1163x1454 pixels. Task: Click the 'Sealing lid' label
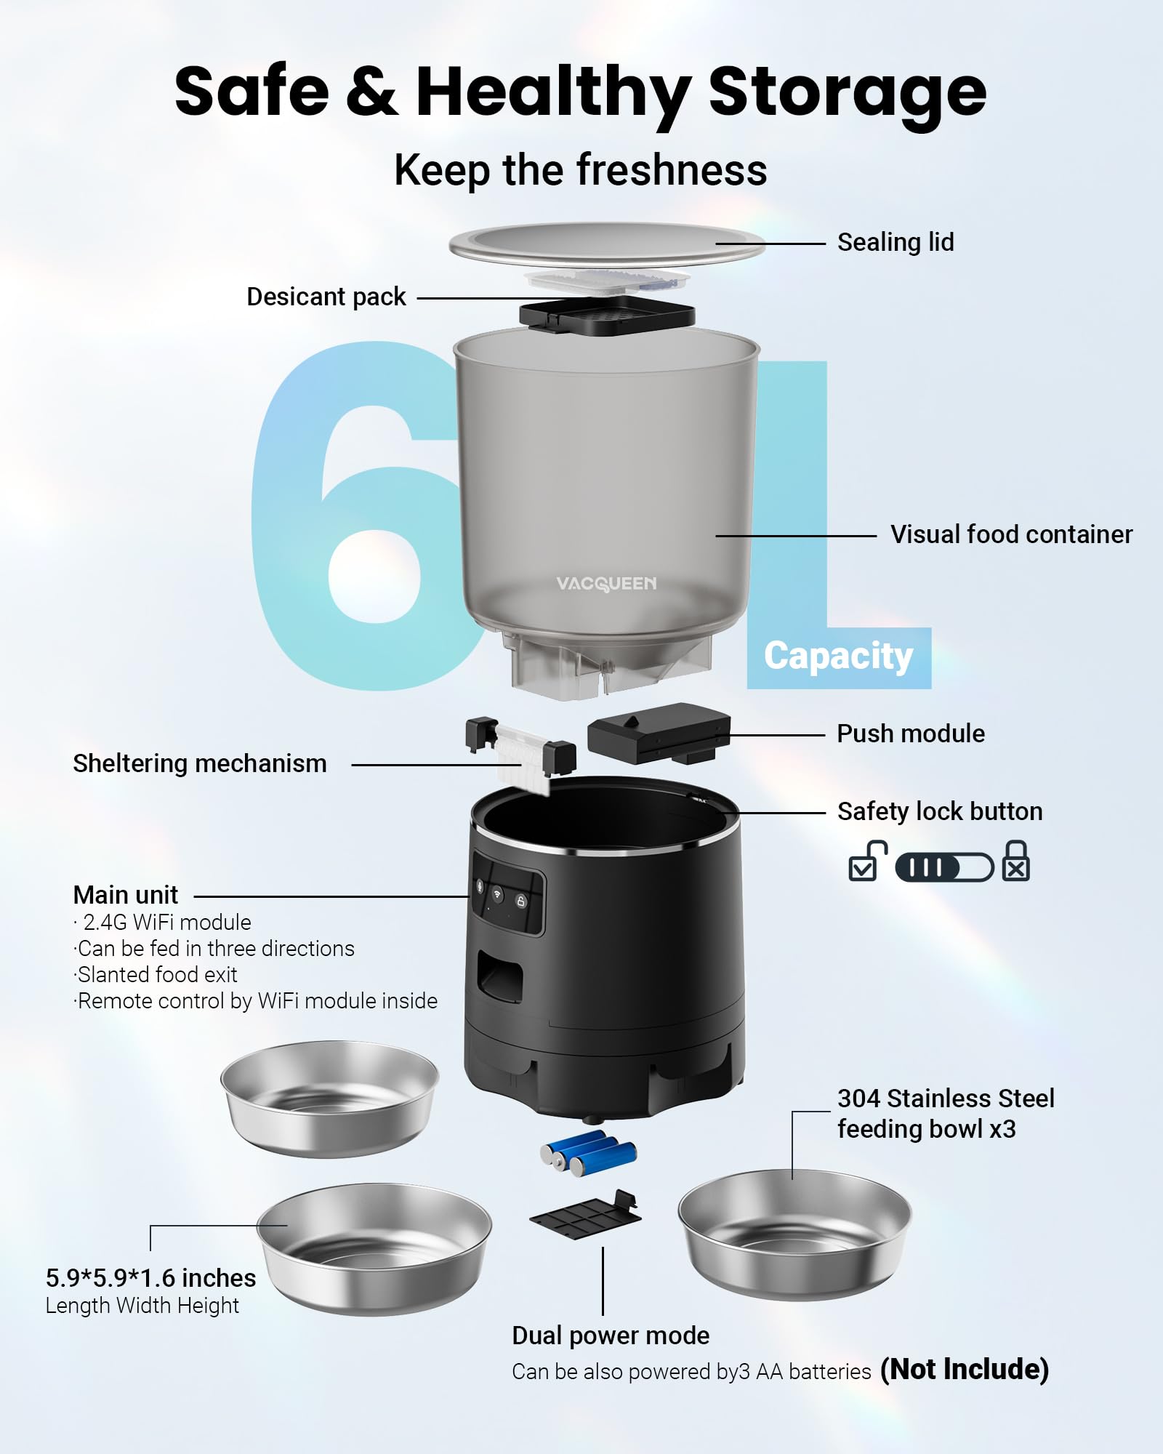895,242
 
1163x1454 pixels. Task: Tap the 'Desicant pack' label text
326,297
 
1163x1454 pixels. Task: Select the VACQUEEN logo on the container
605,584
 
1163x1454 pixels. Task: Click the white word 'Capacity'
838,656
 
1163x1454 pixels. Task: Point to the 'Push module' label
910,734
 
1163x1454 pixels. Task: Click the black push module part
658,732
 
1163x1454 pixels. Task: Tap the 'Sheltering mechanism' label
199,763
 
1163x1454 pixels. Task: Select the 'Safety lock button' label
939,811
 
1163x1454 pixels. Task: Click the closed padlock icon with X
1015,861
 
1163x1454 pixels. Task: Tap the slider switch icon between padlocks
943,867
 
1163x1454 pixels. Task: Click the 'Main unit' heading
125,894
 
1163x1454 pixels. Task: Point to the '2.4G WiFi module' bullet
166,922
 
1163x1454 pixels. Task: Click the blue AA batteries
589,1153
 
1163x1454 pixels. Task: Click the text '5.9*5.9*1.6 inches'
150,1278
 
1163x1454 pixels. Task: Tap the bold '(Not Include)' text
964,1369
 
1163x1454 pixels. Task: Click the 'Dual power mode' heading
610,1335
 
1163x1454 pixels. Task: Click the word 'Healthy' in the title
552,92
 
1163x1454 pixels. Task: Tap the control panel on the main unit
507,894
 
